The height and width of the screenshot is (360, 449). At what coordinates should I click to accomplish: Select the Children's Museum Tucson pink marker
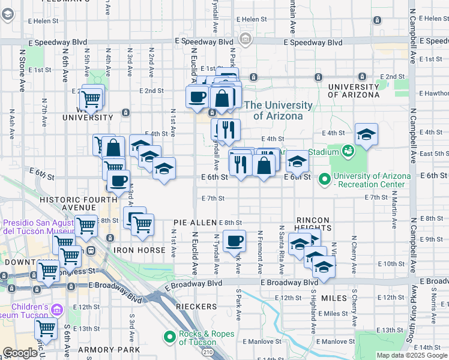pyautogui.click(x=57, y=310)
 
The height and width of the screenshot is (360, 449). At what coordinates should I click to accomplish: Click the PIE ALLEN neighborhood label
pyautogui.click(x=194, y=223)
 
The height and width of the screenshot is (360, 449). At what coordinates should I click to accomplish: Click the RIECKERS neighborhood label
pyautogui.click(x=196, y=307)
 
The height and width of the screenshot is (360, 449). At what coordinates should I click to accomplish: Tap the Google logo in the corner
pyautogui.click(x=20, y=353)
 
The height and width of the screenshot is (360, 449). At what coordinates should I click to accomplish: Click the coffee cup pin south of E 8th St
pyautogui.click(x=234, y=241)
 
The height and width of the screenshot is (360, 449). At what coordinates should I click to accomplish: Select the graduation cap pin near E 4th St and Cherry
pyautogui.click(x=366, y=134)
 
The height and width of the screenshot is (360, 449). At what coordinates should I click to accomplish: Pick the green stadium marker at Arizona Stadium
pyautogui.click(x=347, y=150)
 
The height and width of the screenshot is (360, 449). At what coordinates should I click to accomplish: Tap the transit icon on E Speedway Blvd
pyautogui.click(x=245, y=40)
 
